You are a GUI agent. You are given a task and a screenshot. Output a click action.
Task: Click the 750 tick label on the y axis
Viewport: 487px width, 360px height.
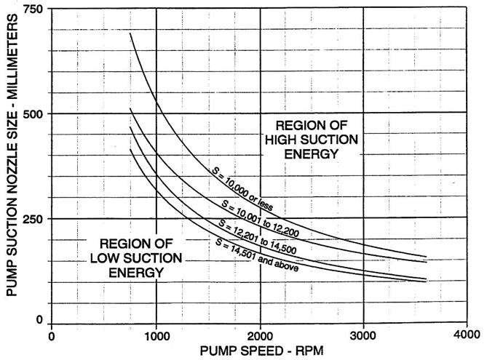33,9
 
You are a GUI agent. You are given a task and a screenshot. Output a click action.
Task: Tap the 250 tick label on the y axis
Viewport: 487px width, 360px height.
33,219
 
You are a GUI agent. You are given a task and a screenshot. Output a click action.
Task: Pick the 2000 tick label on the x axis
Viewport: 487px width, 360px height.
259,336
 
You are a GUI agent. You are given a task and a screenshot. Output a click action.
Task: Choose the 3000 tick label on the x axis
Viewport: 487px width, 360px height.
363,336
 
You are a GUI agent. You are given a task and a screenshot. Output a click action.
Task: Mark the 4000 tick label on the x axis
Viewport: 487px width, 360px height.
467,336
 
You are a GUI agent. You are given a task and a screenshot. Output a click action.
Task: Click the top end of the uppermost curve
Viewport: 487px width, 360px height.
130,33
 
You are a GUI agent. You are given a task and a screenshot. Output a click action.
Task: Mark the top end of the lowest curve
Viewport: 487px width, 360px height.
130,150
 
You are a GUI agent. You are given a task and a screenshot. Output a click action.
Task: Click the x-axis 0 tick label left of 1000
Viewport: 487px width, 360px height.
52,336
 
